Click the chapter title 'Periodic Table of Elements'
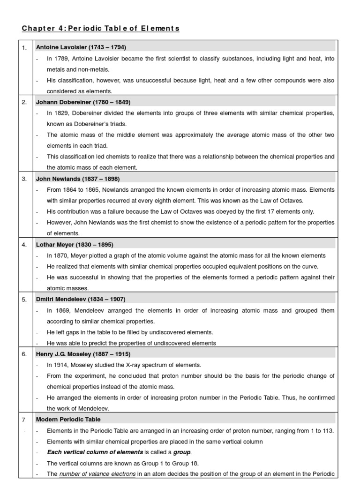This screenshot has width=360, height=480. tap(100, 29)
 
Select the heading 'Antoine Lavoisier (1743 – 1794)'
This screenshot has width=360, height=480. tap(81, 47)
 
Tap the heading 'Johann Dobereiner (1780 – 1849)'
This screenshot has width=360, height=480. tap(83, 102)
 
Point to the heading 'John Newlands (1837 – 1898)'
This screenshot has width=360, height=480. tap(78, 179)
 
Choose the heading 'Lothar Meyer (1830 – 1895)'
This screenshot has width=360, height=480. tap(75, 245)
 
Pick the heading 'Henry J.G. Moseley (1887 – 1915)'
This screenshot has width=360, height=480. tap(83, 354)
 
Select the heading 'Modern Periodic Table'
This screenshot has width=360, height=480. tap(68, 420)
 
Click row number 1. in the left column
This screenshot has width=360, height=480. tap(24, 47)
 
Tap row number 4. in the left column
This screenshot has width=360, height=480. tap(24, 245)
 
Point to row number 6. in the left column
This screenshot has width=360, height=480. tap(24, 354)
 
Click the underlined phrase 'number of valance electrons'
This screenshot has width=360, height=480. tap(97, 474)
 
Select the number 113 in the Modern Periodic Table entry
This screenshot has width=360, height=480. tap(328, 431)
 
